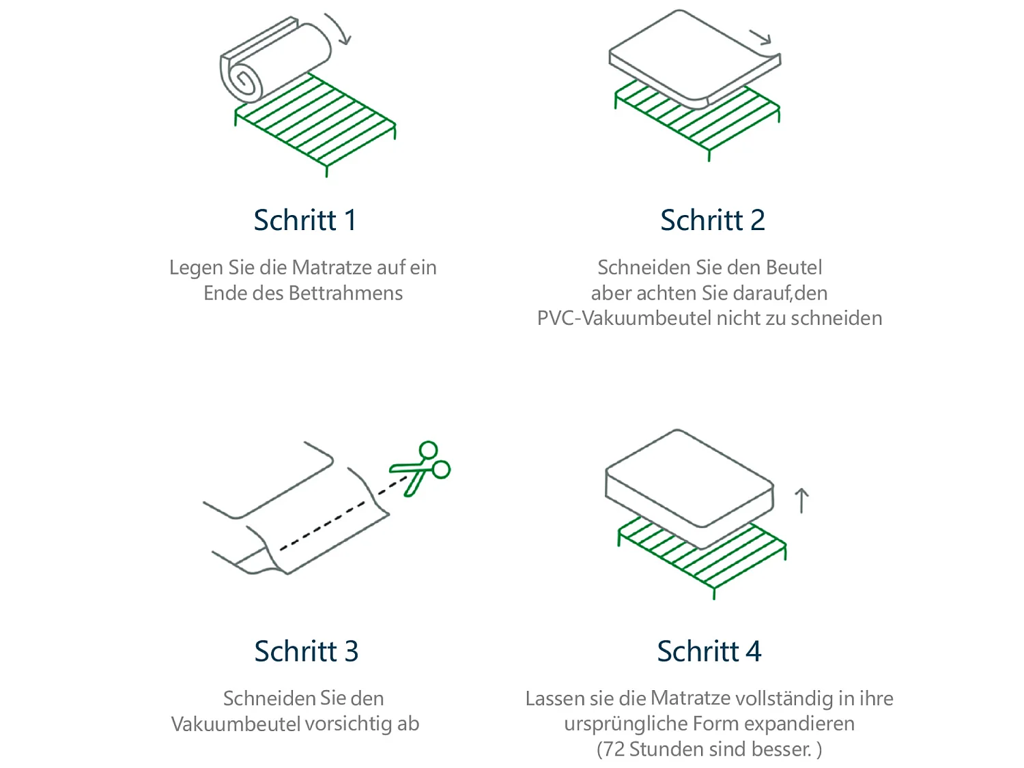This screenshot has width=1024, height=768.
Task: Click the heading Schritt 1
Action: pyautogui.click(x=304, y=221)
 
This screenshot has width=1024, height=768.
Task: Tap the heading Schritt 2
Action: pyautogui.click(x=712, y=221)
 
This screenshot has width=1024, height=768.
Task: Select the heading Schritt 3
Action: pyautogui.click(x=306, y=651)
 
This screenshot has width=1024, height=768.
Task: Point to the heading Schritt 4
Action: pyautogui.click(x=709, y=651)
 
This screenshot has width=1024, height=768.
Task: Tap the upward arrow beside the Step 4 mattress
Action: pyautogui.click(x=802, y=500)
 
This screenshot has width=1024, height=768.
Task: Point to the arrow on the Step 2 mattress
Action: pyautogui.click(x=760, y=37)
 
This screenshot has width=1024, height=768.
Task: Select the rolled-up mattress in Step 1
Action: pyautogui.click(x=273, y=61)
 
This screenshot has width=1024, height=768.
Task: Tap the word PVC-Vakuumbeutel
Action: pyautogui.click(x=624, y=319)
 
